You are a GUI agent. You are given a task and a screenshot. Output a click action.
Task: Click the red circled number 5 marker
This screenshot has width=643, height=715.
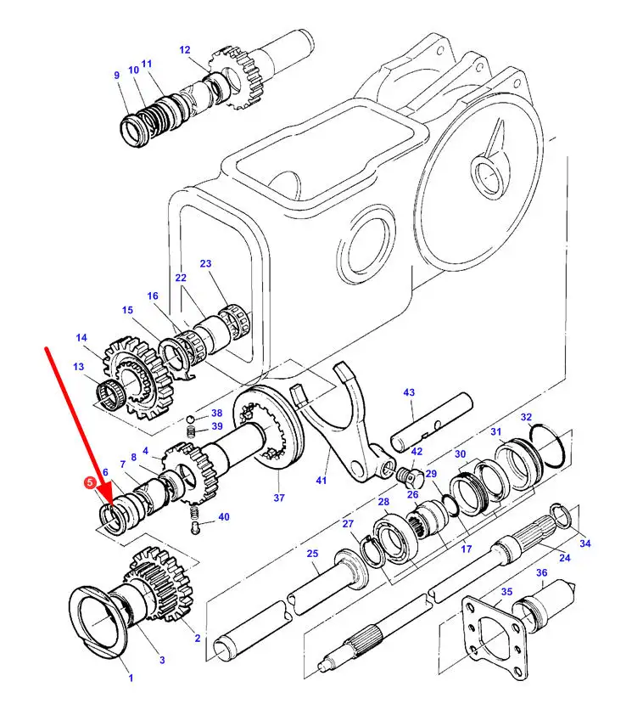point(90,483)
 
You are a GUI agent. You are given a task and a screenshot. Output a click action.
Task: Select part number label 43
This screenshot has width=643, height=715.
point(409,392)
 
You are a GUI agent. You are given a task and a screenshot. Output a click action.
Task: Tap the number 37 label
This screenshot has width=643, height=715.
point(279,498)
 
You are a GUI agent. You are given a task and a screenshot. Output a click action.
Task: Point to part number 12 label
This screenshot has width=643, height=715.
point(184,50)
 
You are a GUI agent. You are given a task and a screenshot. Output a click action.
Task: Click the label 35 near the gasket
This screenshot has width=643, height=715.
point(506,591)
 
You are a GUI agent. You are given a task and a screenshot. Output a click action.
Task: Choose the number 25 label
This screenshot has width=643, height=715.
point(312,553)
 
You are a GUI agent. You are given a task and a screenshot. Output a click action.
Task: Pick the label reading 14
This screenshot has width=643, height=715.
point(81,337)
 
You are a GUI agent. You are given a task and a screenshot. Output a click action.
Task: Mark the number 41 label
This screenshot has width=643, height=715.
point(321,480)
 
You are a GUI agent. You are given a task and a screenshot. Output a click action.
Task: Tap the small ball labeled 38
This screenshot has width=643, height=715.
point(191,419)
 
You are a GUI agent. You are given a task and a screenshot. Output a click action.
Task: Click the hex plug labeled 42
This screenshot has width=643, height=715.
point(411,477)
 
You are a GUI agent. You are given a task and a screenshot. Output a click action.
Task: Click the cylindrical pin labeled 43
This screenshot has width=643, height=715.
point(432,422)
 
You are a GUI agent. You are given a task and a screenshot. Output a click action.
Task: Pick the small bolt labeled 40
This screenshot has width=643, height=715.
point(195,528)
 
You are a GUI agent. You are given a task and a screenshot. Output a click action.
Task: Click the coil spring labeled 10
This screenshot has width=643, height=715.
point(153,121)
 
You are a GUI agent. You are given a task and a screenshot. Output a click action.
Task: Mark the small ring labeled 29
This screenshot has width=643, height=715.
point(451,505)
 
